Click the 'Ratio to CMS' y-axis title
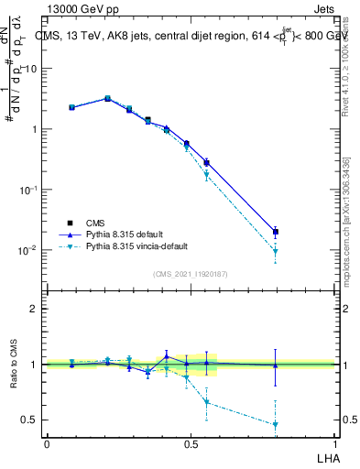[x=14, y=365]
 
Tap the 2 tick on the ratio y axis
[x=33, y=309]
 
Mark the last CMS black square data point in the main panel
[x=276, y=232]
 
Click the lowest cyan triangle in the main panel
[x=276, y=251]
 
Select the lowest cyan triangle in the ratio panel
[x=276, y=424]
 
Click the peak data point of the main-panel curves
[x=107, y=98]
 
